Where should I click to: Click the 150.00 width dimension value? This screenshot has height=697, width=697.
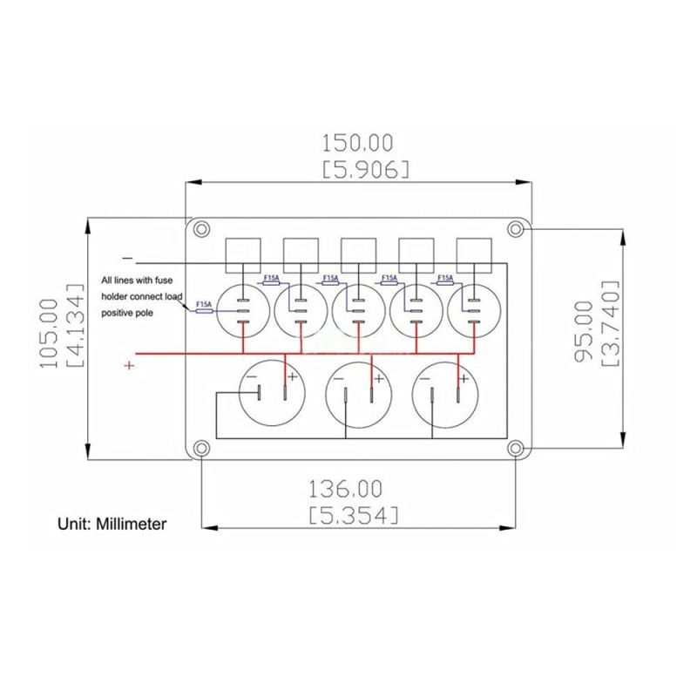click(x=357, y=143)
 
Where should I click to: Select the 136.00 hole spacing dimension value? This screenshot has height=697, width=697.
click(x=345, y=489)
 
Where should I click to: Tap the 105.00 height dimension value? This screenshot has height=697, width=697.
click(x=49, y=334)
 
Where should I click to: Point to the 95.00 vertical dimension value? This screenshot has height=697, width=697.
click(x=584, y=331)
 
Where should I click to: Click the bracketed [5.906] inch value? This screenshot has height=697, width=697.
click(x=365, y=170)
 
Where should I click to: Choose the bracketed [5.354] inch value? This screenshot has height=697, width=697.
click(x=354, y=516)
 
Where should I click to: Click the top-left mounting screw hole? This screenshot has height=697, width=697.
click(x=201, y=229)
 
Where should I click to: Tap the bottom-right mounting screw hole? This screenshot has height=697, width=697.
click(x=515, y=448)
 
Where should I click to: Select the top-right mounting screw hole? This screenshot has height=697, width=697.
click(x=515, y=229)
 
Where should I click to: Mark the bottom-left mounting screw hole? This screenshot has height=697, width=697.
click(x=201, y=448)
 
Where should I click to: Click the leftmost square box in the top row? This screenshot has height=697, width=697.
click(x=243, y=255)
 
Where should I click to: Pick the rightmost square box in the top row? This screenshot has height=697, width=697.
click(x=474, y=255)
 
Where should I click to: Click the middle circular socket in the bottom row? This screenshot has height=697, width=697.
click(x=359, y=395)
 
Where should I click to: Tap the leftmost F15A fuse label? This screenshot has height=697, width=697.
click(x=204, y=304)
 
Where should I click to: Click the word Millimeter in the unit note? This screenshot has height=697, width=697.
click(x=132, y=524)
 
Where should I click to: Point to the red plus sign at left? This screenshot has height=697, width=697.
click(x=129, y=365)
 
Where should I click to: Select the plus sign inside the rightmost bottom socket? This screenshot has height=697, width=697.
click(x=464, y=379)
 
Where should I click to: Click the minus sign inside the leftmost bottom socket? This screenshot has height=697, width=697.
click(x=251, y=377)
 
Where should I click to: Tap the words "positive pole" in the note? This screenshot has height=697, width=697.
click(x=127, y=313)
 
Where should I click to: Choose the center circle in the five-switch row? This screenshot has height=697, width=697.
click(x=359, y=311)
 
